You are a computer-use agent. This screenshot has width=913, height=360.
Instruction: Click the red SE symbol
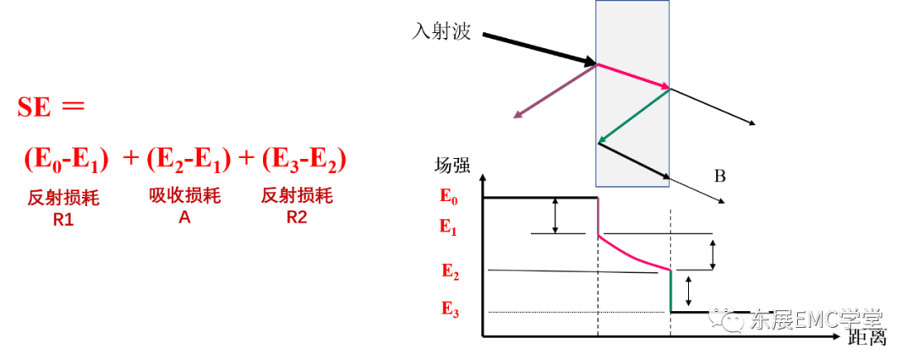[x=35, y=108]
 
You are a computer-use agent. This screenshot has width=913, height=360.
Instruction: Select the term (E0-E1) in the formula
[x=67, y=160]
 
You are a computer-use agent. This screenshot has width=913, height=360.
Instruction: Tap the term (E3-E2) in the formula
[x=304, y=160]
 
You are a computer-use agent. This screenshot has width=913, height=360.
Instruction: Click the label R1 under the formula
[x=63, y=221]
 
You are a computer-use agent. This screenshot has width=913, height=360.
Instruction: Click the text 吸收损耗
[x=184, y=196]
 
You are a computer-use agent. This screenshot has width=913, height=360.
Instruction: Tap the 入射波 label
[x=440, y=31]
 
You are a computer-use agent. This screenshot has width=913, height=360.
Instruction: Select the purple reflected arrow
[x=555, y=91]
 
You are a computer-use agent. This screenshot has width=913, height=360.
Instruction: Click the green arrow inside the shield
[x=634, y=116]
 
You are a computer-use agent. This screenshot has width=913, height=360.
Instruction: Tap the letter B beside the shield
[x=720, y=176]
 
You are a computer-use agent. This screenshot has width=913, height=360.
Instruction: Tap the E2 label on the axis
[x=449, y=271]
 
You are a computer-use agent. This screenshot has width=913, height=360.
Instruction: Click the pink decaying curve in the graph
[x=632, y=255]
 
